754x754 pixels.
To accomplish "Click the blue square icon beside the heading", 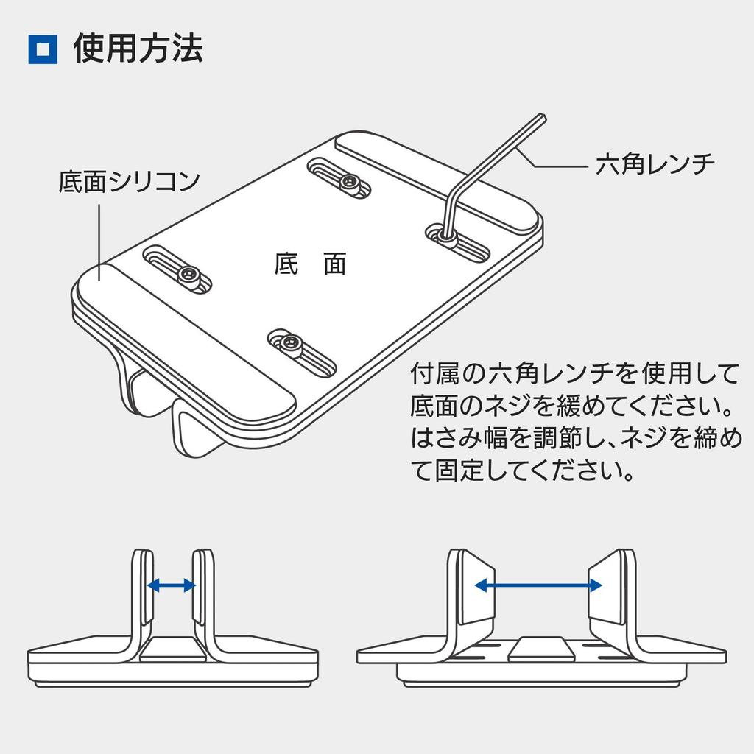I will pyautogui.click(x=43, y=49).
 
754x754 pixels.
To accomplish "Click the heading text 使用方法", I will pyautogui.click(x=138, y=49).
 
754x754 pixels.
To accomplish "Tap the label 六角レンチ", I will pyautogui.click(x=655, y=164).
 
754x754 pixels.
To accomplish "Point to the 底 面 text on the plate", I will pyautogui.click(x=309, y=263).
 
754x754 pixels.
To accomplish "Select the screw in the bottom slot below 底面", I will pyautogui.click(x=289, y=342).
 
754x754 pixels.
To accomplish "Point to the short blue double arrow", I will pyautogui.click(x=171, y=585).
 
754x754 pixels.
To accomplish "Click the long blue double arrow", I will pyautogui.click(x=538, y=585).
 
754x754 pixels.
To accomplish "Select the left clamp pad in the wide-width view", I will pyautogui.click(x=473, y=589).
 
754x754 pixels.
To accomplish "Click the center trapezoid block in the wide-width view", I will pyautogui.click(x=543, y=648).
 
